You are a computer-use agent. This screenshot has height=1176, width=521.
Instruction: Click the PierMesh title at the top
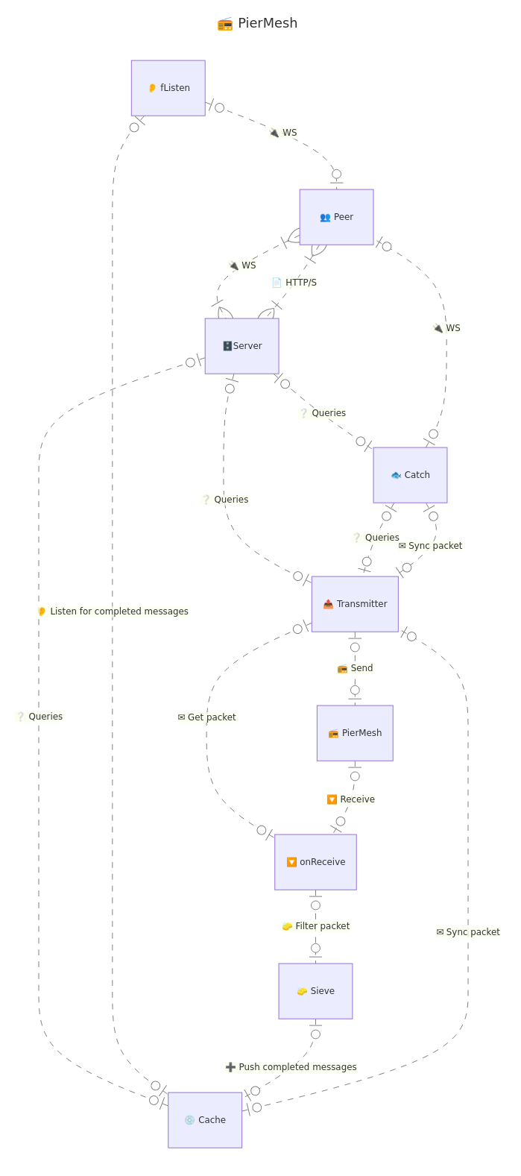pos(258,23)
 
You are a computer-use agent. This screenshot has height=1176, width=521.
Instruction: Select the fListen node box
pos(168,88)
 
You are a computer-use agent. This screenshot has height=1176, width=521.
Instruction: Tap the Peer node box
pos(336,217)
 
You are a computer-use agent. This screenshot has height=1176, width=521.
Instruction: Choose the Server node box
pos(242,346)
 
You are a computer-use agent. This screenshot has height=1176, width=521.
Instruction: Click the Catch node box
pos(410,475)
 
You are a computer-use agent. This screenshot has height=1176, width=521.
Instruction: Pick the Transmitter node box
pos(355,604)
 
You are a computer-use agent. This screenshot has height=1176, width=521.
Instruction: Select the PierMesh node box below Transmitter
pos(355,733)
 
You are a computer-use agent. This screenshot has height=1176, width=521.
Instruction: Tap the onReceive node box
pos(315,862)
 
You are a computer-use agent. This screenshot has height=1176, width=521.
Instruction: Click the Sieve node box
pos(315,991)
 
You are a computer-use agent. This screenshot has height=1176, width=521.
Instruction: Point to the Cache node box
pos(205,1120)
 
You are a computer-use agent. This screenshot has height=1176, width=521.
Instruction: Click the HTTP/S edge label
pos(294,283)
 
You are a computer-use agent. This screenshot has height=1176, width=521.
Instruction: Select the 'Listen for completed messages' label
pos(113,611)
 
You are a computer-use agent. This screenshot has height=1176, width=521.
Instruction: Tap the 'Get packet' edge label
pos(207,717)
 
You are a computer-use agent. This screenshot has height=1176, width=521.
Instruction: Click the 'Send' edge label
pos(355,668)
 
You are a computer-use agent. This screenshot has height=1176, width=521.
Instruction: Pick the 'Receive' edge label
pos(351,799)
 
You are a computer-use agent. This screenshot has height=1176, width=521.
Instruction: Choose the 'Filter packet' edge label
pos(316,926)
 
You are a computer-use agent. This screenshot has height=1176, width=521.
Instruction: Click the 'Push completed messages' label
pos(291,1067)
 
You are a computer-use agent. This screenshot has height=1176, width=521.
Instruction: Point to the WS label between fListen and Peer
pos(283,133)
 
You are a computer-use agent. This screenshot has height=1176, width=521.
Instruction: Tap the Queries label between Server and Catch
pos(323,413)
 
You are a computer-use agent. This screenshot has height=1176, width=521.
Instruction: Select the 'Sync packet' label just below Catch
pos(431,546)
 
